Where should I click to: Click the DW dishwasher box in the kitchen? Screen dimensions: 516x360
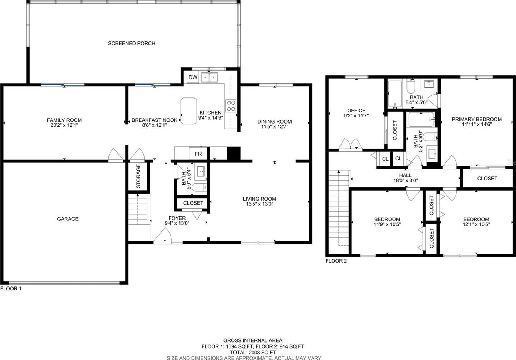(193, 77)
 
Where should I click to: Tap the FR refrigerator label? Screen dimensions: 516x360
(198, 154)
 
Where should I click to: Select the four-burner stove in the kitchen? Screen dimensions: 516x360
(231, 106)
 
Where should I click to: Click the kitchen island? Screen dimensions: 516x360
(189, 111)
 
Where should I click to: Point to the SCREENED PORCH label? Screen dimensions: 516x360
(132, 43)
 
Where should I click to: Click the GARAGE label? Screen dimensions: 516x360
(68, 219)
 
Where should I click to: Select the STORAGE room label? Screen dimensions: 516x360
(138, 176)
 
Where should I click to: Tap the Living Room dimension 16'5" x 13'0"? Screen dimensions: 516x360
(259, 204)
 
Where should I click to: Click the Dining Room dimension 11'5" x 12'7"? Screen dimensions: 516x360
(274, 127)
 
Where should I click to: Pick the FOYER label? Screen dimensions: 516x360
(177, 218)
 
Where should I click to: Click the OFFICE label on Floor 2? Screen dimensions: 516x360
(356, 110)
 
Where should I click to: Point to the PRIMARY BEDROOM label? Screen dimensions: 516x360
(477, 119)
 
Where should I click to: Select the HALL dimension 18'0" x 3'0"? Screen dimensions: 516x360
(405, 180)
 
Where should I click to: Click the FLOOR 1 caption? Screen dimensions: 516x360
(11, 289)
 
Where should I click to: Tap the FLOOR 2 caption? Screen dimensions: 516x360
(336, 261)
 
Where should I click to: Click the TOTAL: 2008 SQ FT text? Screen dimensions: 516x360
(253, 352)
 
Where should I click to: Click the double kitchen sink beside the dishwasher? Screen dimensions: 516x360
(209, 77)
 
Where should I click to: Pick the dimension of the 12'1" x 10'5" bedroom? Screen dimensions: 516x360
(476, 224)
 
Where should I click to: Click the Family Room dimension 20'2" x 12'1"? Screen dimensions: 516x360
(64, 125)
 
